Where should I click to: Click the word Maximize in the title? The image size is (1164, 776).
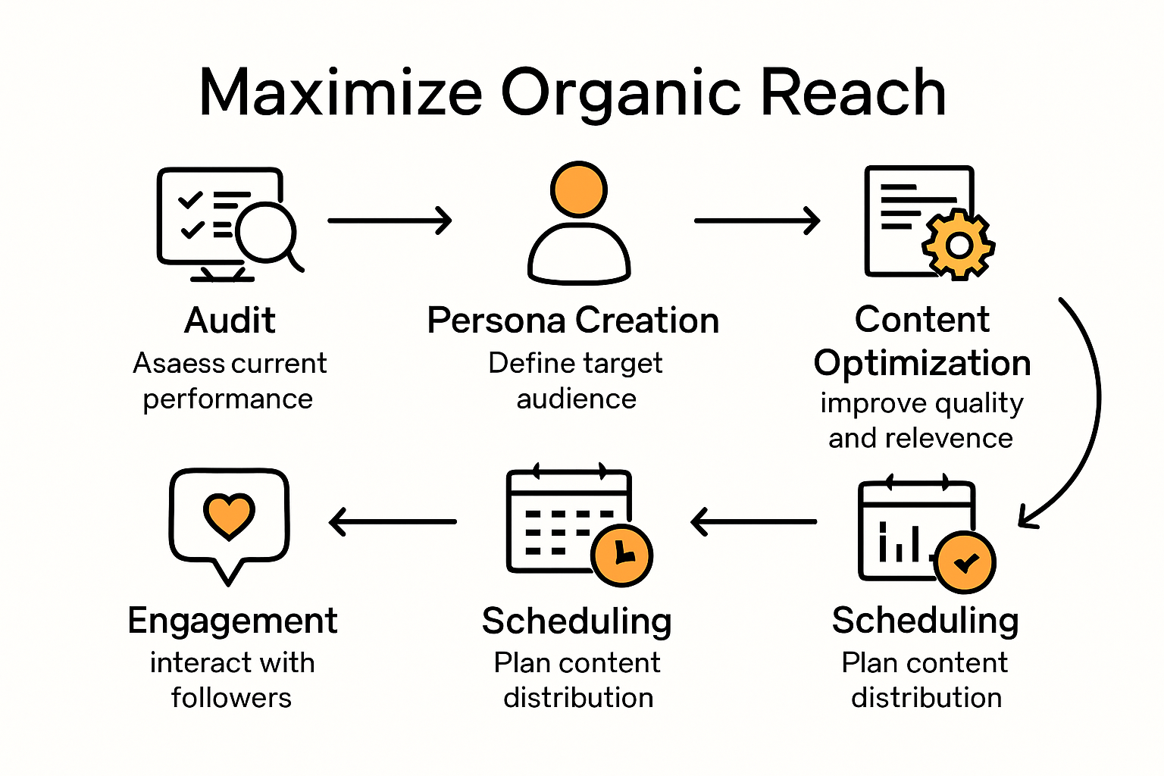(340, 92)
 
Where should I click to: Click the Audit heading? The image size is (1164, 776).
(230, 320)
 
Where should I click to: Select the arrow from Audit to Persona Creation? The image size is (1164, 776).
(390, 221)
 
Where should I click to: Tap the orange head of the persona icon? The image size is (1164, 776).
(579, 189)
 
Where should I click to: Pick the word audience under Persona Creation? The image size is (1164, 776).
(576, 399)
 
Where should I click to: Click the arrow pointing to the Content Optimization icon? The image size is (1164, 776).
(757, 221)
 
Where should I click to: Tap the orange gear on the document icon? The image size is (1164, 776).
(959, 245)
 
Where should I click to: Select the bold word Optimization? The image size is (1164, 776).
(921, 363)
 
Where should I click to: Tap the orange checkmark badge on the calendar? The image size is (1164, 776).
(965, 562)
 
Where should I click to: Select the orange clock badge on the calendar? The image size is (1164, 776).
(621, 555)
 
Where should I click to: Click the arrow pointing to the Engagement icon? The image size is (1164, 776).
(393, 521)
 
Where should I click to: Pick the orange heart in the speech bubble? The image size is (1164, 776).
(229, 515)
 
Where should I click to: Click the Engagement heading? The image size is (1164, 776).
(232, 621)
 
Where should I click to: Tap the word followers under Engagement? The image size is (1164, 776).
(231, 697)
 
